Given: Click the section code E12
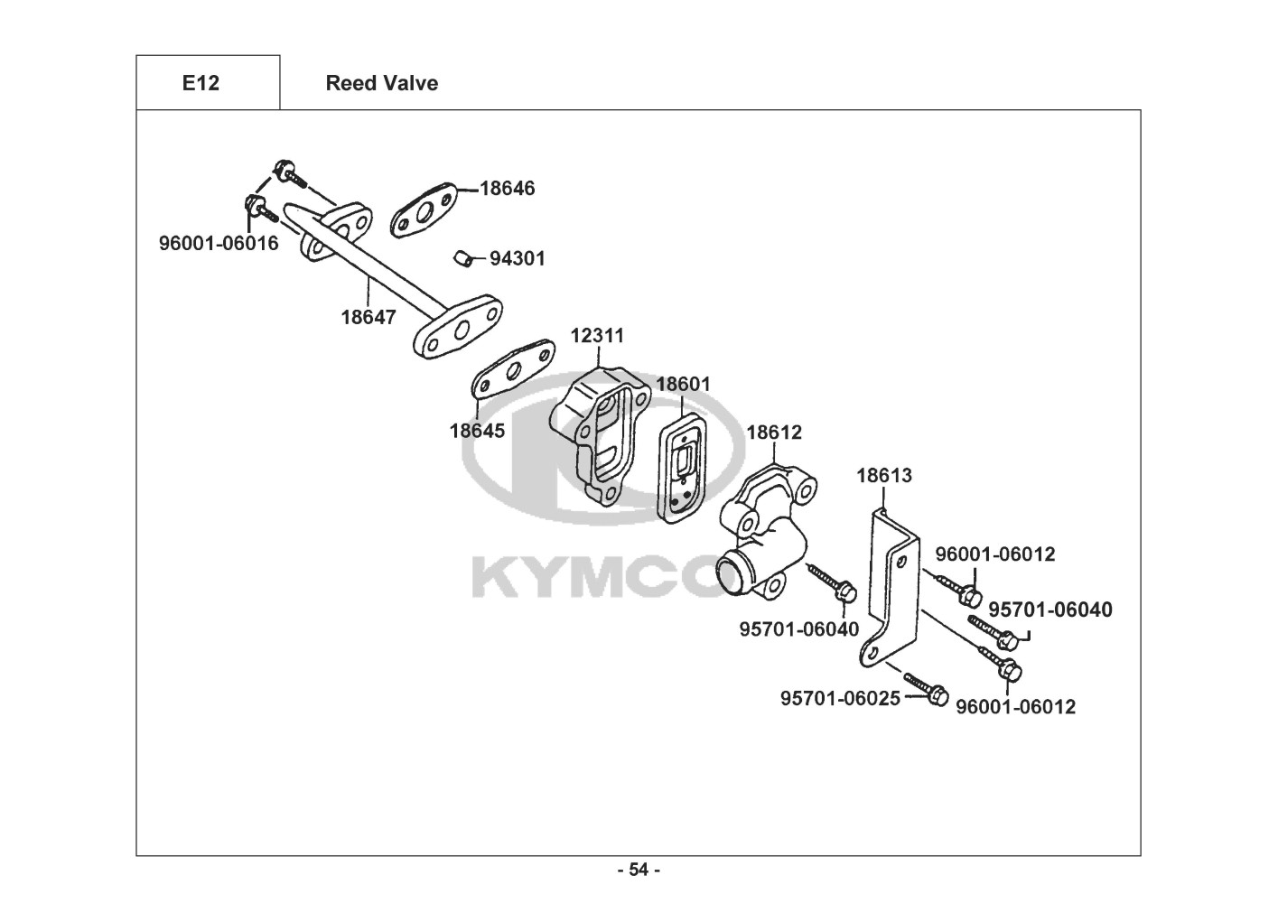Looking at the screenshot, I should tap(201, 83).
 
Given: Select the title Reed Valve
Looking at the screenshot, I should tap(381, 83).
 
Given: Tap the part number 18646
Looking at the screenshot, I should tap(507, 189).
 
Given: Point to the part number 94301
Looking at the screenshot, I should tap(517, 259).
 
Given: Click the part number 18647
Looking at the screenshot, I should tap(368, 317).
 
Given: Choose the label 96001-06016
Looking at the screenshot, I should tap(219, 244).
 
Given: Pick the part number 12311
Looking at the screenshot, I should tap(597, 336).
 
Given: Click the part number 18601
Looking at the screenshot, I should tap(683, 384).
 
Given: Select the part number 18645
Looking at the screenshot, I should tap(477, 431).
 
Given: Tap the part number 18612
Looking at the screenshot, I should tap(773, 433).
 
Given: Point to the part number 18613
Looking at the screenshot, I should tap(883, 475).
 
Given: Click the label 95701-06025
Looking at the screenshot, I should tap(839, 699).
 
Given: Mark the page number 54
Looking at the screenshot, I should tap(639, 870).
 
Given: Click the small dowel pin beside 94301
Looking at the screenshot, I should tap(462, 259).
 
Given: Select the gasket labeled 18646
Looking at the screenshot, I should tap(424, 210).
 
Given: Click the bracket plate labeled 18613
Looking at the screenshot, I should tap(890, 587).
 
